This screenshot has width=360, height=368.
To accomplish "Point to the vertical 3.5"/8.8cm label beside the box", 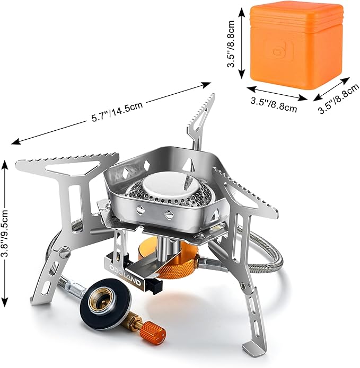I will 232,46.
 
